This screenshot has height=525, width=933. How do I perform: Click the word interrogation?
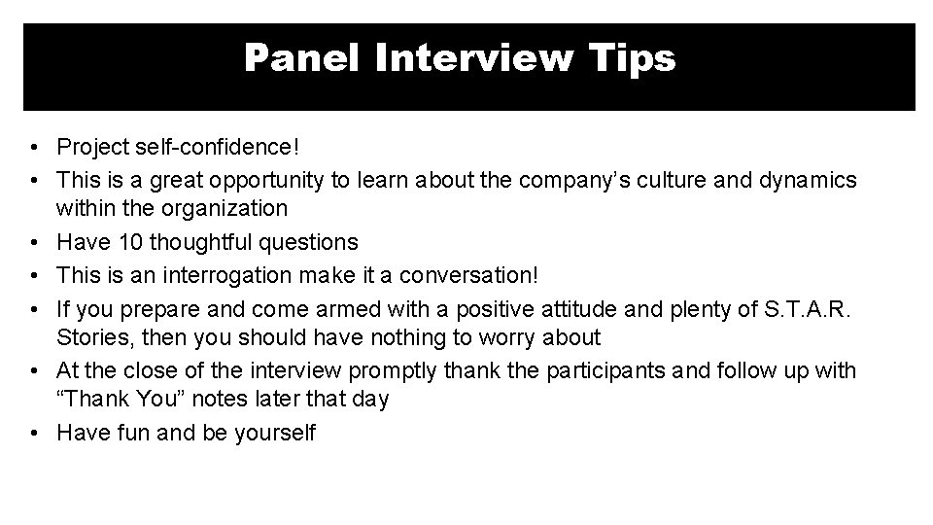point(213,274)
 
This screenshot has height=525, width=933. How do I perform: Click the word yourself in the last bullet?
point(275,433)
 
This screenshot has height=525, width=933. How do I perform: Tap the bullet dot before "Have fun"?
point(35,433)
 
